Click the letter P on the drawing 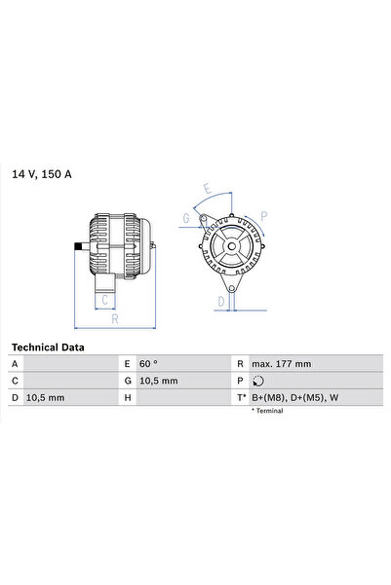pyautogui.click(x=264, y=216)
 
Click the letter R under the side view pyautogui.click(x=114, y=318)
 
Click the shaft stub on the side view pyautogui.click(x=78, y=248)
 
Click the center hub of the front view pyautogui.click(x=230, y=248)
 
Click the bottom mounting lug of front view pyautogui.click(x=232, y=288)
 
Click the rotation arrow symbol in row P pyautogui.click(x=255, y=381)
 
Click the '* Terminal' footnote pyautogui.click(x=267, y=412)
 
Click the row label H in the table pyautogui.click(x=127, y=398)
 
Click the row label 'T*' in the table pyautogui.click(x=240, y=398)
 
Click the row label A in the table pyautogui.click(x=15, y=363)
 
